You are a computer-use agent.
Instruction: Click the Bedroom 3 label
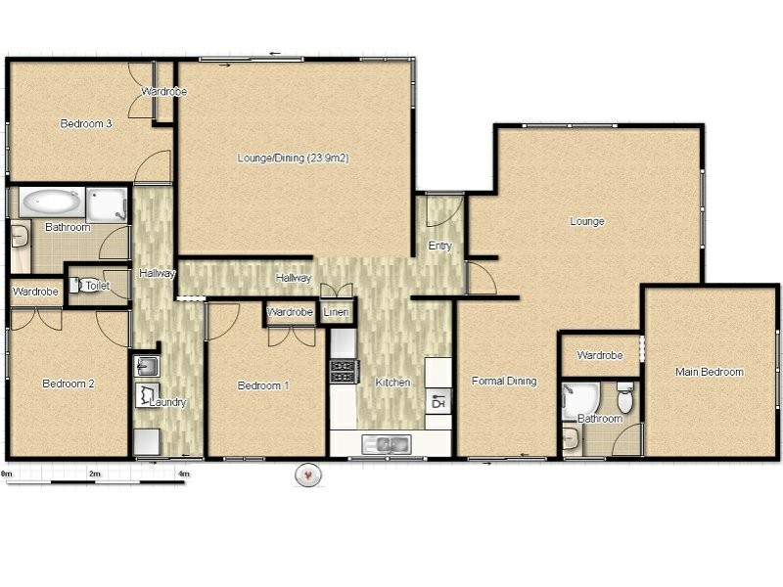pyautogui.click(x=86, y=123)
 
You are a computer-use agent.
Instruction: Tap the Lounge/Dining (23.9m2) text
pyautogui.click(x=293, y=158)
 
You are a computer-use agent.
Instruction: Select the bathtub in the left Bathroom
pyautogui.click(x=52, y=203)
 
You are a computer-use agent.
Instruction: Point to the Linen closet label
pyautogui.click(x=336, y=312)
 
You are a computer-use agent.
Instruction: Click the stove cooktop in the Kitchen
pyautogui.click(x=345, y=372)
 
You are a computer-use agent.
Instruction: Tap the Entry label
pyautogui.click(x=439, y=246)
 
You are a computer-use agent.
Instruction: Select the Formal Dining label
pyautogui.click(x=504, y=381)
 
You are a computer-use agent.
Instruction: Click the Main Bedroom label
pyautogui.click(x=710, y=372)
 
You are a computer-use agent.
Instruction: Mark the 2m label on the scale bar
pyautogui.click(x=94, y=474)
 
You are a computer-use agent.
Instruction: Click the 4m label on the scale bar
pyautogui.click(x=184, y=474)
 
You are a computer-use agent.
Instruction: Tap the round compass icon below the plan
pyautogui.click(x=308, y=474)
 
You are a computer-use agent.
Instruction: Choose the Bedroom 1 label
pyautogui.click(x=263, y=385)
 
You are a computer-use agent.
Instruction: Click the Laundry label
pyautogui.click(x=167, y=402)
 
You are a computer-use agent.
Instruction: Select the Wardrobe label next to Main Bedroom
pyautogui.click(x=600, y=355)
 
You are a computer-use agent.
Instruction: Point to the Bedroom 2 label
pyautogui.click(x=69, y=384)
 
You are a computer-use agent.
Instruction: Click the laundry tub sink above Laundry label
pyautogui.click(x=146, y=366)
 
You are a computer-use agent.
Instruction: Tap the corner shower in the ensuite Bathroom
pyautogui.click(x=579, y=401)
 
